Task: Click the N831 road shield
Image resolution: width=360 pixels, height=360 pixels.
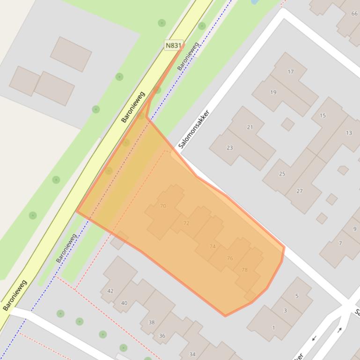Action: click(x=173, y=45)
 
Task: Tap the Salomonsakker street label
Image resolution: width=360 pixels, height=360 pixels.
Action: click(x=193, y=130)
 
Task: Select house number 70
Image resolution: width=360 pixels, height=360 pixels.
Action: click(x=163, y=206)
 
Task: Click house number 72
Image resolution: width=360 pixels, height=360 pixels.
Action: click(x=186, y=223)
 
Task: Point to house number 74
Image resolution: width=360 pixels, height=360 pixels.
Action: click(x=213, y=246)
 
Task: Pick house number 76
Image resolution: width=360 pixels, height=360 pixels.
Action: click(x=230, y=258)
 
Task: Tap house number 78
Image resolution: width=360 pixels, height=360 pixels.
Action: click(x=244, y=270)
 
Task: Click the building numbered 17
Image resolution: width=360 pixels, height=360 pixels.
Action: click(x=291, y=72)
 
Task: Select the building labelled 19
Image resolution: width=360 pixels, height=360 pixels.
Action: click(x=273, y=92)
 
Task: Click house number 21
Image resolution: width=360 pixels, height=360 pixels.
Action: click(x=250, y=127)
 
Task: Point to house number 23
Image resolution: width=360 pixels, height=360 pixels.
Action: click(x=229, y=147)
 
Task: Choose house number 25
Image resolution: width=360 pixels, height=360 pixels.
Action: click(x=282, y=173)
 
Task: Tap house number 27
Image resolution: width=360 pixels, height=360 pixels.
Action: click(x=300, y=191)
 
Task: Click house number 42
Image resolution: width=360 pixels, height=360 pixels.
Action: click(x=110, y=291)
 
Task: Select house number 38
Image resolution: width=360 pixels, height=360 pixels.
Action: click(x=151, y=322)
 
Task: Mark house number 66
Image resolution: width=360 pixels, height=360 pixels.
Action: click(x=354, y=14)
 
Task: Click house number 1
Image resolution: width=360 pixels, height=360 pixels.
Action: click(x=274, y=328)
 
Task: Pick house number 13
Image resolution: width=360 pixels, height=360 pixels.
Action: click(x=349, y=133)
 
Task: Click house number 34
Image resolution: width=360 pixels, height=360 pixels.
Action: click(x=192, y=354)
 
